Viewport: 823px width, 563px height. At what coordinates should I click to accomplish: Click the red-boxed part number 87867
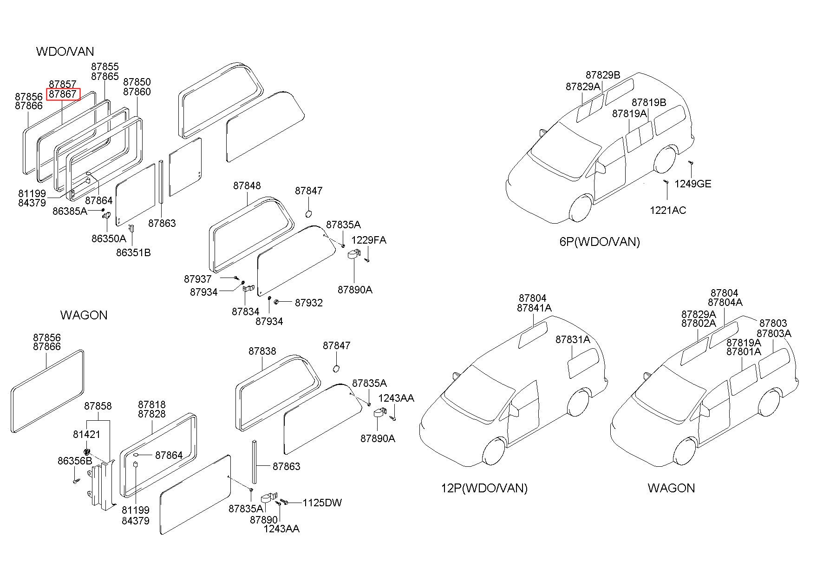click(63, 94)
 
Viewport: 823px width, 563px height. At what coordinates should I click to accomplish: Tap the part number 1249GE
click(692, 184)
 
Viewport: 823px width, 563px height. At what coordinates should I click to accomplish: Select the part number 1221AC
click(667, 210)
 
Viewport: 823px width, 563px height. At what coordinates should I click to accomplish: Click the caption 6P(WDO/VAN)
click(600, 242)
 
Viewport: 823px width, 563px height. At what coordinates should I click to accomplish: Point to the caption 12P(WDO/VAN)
click(484, 488)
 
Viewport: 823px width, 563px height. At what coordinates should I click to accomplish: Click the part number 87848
click(247, 185)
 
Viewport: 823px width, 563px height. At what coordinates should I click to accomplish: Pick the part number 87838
click(262, 351)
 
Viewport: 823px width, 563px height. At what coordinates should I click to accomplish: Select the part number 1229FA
click(369, 240)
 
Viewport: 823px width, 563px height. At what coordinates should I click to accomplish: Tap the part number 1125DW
click(322, 503)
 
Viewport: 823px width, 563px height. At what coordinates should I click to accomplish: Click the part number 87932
click(309, 303)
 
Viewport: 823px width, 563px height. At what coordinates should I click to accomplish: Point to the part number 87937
click(198, 279)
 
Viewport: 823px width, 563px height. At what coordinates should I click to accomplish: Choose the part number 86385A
click(70, 211)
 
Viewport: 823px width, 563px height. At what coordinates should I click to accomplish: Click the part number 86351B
click(133, 252)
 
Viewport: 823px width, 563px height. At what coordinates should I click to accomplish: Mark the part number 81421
click(87, 434)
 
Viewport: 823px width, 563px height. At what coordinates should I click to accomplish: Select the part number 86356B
click(75, 461)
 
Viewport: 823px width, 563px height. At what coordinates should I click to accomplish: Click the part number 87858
click(98, 406)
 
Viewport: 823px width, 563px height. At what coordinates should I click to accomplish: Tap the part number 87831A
click(573, 340)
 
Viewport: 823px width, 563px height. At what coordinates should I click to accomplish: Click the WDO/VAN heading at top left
click(65, 51)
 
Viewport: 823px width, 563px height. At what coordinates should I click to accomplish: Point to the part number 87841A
click(534, 308)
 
